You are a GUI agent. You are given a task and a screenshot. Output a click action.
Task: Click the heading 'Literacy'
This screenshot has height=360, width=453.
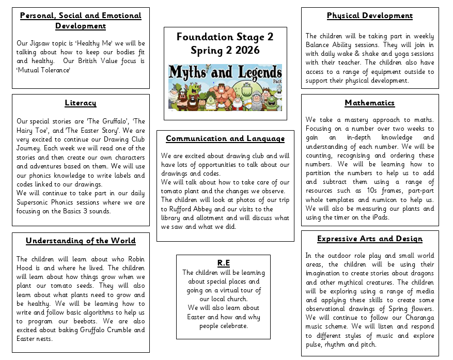tap(81, 102)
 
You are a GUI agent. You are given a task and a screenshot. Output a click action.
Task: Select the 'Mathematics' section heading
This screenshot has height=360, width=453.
tap(369, 103)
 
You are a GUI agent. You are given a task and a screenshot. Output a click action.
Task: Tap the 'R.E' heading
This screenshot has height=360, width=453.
tap(223, 263)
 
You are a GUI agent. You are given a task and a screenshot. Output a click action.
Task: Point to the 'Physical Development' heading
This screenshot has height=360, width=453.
tap(369, 15)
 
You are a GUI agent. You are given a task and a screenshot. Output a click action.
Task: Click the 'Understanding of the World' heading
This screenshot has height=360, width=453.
tap(81, 241)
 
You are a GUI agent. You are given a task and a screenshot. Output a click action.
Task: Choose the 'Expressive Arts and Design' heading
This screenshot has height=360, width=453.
tap(369, 239)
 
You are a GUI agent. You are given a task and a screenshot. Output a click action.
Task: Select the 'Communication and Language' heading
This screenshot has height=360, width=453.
tap(225, 138)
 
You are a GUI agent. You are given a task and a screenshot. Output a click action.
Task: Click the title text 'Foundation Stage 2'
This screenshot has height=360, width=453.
tap(225, 37)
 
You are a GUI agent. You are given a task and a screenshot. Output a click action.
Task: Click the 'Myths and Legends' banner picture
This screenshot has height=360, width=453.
tap(225, 88)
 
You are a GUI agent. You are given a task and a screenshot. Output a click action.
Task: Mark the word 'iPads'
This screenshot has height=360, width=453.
tap(379, 217)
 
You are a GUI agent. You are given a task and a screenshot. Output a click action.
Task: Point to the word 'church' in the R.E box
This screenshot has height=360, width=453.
tap(237, 299)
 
